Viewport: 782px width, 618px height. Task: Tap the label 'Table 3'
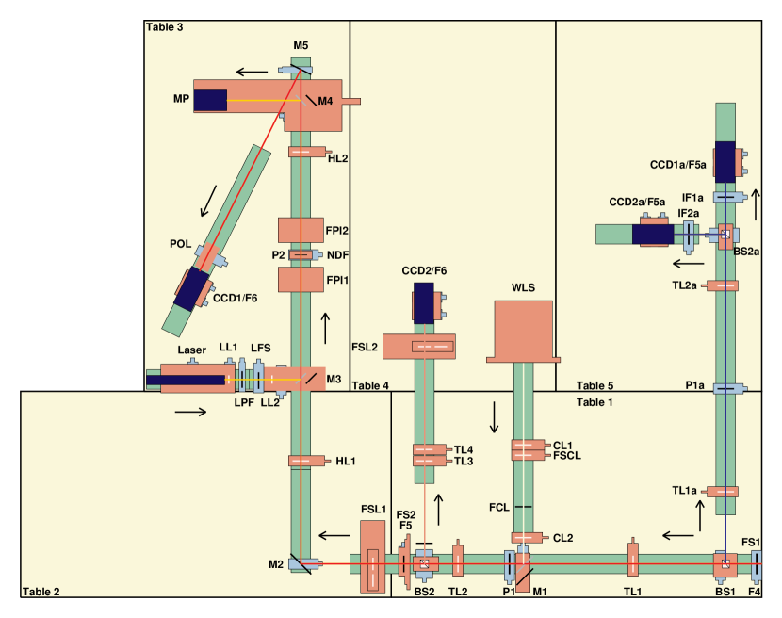[165, 26]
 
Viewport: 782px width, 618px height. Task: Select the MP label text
[181, 99]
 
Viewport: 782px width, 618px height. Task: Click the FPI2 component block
[301, 230]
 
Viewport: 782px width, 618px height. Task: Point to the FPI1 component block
[301, 279]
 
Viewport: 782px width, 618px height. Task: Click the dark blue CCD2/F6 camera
[423, 301]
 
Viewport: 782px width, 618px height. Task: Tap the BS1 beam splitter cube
[725, 565]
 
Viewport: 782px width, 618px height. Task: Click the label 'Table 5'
[595, 385]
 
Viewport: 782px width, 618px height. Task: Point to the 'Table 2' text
[41, 592]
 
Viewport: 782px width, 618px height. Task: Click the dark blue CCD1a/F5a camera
[725, 161]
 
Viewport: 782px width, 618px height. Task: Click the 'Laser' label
[191, 350]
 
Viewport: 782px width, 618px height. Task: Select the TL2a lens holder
[725, 285]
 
